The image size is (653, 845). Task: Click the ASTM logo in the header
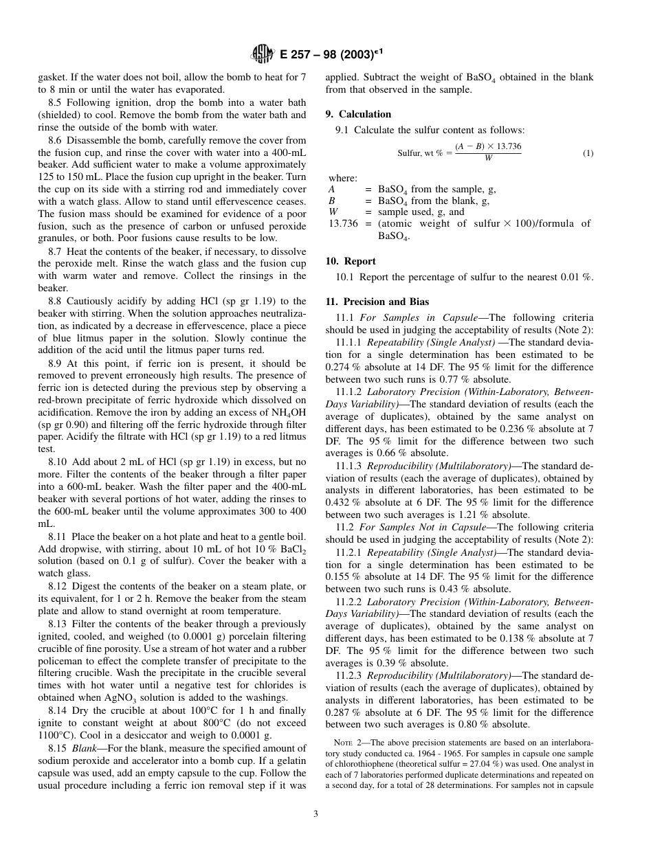[x=263, y=53]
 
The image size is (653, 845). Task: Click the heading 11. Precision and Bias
[x=376, y=302]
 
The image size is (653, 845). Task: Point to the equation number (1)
[x=588, y=153]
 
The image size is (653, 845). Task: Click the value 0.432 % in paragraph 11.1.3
[x=341, y=503]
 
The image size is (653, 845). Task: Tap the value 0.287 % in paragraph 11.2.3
[x=341, y=712]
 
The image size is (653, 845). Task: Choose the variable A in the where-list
[x=331, y=189]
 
